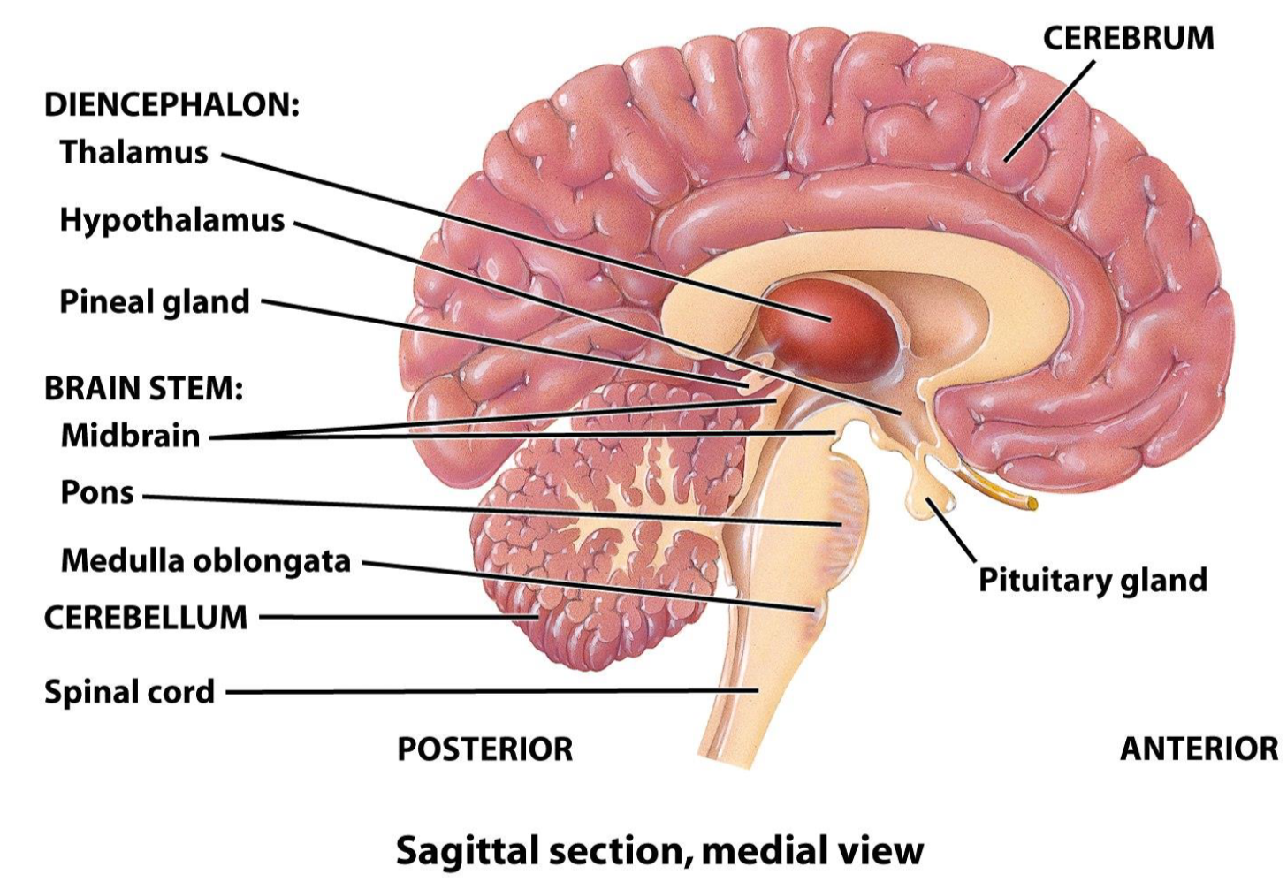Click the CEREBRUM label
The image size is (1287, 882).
pyautogui.click(x=1128, y=38)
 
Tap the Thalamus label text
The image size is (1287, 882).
pyautogui.click(x=133, y=152)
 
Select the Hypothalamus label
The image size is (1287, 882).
pyautogui.click(x=171, y=219)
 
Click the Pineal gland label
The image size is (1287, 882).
pyautogui.click(x=154, y=301)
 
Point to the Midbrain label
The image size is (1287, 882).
pyautogui.click(x=130, y=436)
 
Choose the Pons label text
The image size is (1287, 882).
pyautogui.click(x=96, y=492)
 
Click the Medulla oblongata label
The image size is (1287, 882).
pyautogui.click(x=205, y=560)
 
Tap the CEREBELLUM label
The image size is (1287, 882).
pyautogui.click(x=146, y=618)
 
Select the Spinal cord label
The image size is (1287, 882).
pyautogui.click(x=129, y=691)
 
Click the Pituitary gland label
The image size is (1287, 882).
pyautogui.click(x=1093, y=580)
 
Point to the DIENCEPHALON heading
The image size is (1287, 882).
pyautogui.click(x=171, y=104)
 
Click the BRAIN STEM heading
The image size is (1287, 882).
pyautogui.click(x=143, y=388)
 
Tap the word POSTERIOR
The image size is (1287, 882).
pyautogui.click(x=484, y=749)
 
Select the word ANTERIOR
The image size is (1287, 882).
pyautogui.click(x=1199, y=749)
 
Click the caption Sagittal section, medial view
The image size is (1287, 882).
pyautogui.click(x=659, y=850)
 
